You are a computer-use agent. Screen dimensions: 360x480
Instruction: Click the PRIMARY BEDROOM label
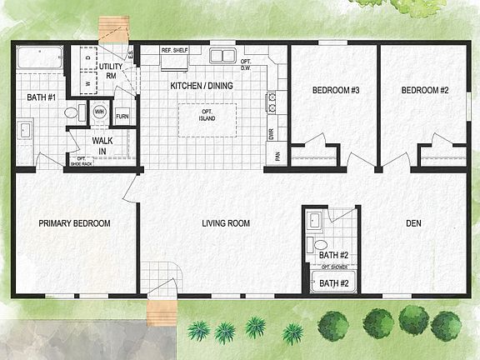point(75,223)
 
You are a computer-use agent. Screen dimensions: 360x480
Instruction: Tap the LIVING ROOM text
point(227,223)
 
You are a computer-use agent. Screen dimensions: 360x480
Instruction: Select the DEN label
point(413,223)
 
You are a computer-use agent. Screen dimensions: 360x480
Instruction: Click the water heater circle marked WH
point(99,111)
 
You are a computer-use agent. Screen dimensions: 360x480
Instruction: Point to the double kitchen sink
point(222,56)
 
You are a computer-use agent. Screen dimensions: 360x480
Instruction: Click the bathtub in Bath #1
point(39,59)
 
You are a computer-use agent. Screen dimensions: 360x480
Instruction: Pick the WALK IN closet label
point(102,146)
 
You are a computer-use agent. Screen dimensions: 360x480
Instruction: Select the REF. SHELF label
point(174,50)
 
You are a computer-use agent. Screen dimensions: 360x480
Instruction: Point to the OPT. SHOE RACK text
point(82,161)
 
